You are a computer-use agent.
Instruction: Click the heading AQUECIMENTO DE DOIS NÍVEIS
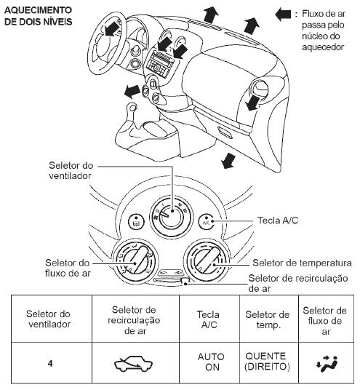click(39, 16)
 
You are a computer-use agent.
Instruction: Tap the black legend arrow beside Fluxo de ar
click(283, 14)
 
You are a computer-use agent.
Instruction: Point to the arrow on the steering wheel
click(111, 28)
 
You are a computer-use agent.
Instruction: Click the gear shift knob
click(132, 107)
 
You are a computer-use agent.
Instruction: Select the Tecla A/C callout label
click(278, 220)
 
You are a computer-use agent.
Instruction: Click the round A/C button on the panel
click(207, 221)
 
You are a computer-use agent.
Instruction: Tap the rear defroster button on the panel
click(137, 221)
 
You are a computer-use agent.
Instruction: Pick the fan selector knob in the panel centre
click(172, 217)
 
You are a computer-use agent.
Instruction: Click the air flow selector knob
click(135, 260)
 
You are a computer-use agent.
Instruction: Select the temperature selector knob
click(207, 260)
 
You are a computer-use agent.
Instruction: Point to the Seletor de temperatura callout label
click(302, 263)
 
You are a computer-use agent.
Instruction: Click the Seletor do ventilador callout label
click(71, 170)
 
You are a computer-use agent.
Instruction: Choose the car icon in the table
click(133, 364)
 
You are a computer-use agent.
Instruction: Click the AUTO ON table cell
click(211, 362)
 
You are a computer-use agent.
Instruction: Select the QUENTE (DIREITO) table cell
click(267, 362)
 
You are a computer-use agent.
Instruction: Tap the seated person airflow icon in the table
click(327, 364)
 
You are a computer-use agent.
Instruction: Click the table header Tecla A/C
click(209, 319)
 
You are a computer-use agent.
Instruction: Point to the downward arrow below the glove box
click(229, 160)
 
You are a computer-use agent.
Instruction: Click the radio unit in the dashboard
click(159, 64)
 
